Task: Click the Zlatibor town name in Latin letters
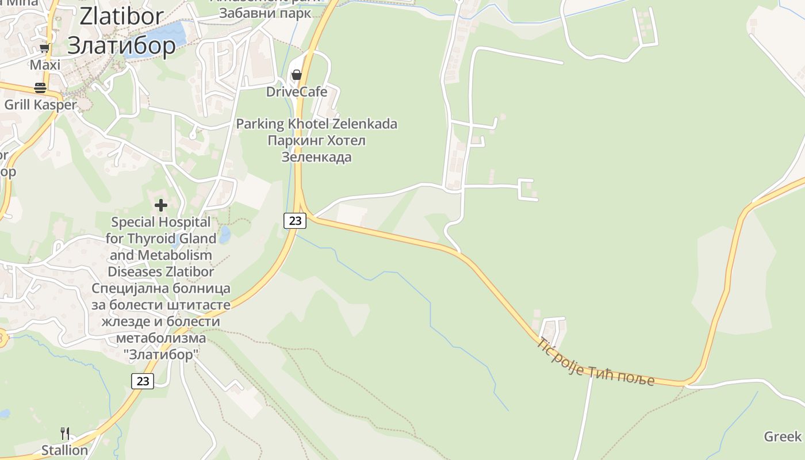pos(121,17)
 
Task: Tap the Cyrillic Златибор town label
pos(121,44)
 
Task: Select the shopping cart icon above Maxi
pos(44,48)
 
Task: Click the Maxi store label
pos(45,65)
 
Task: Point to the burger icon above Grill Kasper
pos(40,88)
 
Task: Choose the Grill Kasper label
pos(40,105)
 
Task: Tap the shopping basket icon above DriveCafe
pos(297,75)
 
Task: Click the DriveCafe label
pos(297,91)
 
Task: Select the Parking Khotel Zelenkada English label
pos(317,124)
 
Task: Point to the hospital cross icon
pos(161,205)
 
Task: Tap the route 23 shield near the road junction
pos(295,220)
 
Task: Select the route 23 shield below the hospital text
pos(143,381)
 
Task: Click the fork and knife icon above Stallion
pos(65,434)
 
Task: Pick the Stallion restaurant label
pos(64,450)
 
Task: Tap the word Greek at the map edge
pos(783,436)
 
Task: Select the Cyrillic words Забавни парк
pos(265,13)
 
